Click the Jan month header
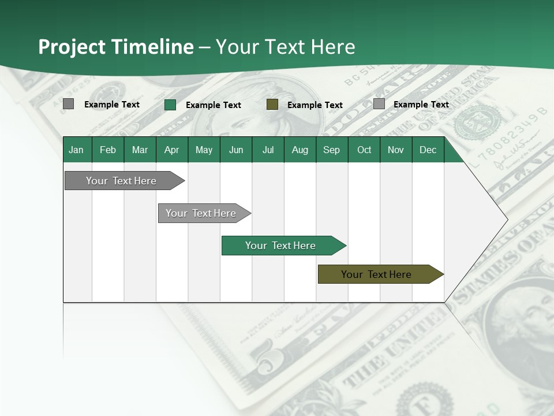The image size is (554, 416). point(77,150)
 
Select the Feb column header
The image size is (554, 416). point(108,150)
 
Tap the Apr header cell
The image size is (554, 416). point(171,150)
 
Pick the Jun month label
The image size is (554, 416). point(236,150)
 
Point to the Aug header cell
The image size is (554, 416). point(300,150)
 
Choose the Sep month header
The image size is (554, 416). point(331,150)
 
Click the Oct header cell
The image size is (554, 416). point(364,150)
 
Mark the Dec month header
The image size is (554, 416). point(428,150)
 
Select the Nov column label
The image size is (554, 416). point(396,150)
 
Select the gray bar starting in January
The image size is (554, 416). point(122,181)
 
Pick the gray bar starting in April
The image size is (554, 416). point(201,213)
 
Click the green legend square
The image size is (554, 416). point(170,105)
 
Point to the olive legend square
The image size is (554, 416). point(272,105)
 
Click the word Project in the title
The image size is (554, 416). point(73,47)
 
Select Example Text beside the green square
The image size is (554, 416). point(214,105)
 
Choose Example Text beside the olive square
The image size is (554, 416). point(315,105)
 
